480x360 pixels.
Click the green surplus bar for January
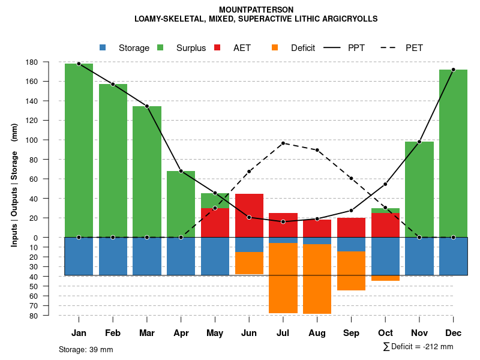[x=79, y=150]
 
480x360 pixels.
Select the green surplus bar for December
[x=453, y=153]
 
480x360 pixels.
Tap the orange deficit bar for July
[x=283, y=278]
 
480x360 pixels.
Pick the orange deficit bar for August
[x=317, y=279]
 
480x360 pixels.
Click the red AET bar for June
[x=249, y=215]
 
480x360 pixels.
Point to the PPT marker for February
[x=113, y=84]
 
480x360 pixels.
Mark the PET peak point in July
[x=283, y=143]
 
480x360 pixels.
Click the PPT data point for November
[x=419, y=142]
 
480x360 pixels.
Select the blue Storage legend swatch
[x=103, y=48]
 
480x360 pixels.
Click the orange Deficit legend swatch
[x=275, y=48]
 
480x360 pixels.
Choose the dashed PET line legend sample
[x=391, y=48]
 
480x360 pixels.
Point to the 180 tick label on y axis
[x=49, y=62]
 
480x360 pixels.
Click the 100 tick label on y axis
[x=49, y=140]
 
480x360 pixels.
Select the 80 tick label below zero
[x=50, y=316]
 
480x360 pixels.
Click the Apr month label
[x=181, y=333]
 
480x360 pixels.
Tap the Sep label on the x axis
[x=351, y=333]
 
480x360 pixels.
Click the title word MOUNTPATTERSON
[x=256, y=10]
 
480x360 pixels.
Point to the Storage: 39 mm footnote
[x=86, y=349]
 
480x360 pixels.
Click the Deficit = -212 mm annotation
[x=418, y=347]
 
